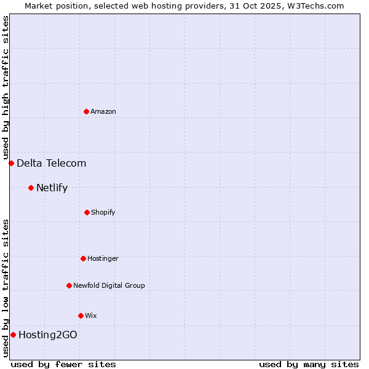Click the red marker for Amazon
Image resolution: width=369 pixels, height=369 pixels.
(86, 111)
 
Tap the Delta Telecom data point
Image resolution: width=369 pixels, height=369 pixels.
(11, 163)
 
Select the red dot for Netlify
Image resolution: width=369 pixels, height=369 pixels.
(31, 188)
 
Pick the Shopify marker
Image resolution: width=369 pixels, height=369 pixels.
(87, 212)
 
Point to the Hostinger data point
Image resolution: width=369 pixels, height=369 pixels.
(83, 258)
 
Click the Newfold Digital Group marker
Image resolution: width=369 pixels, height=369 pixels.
(69, 285)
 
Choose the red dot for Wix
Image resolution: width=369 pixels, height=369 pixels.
(81, 315)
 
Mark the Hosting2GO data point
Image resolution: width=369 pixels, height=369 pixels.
(13, 335)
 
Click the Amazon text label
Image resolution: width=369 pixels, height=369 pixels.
(103, 111)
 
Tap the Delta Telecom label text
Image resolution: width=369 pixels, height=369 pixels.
(52, 163)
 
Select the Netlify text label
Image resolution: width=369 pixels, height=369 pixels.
(52, 188)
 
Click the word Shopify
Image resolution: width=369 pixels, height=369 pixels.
(103, 212)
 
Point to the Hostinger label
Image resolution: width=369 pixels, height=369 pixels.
(103, 258)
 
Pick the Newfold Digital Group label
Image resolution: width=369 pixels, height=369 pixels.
(109, 285)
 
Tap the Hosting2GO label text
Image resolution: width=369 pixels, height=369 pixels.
(48, 335)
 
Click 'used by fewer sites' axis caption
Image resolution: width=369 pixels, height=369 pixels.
(63, 364)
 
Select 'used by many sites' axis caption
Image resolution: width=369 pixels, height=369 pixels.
(309, 364)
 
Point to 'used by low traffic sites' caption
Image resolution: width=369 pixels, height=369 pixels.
(6, 288)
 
